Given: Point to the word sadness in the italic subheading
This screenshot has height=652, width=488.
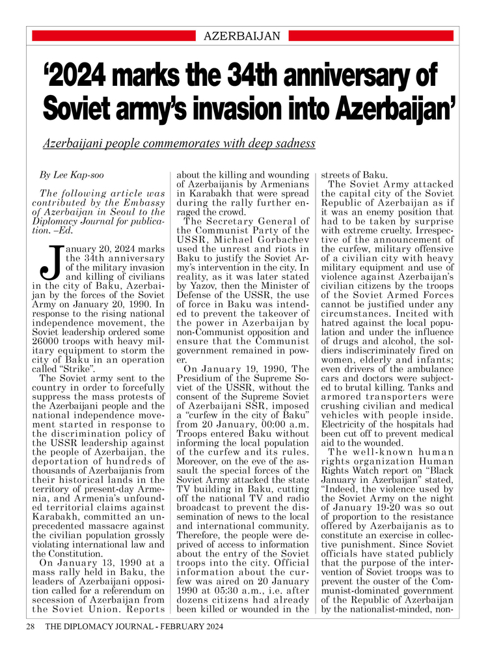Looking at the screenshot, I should [293, 143].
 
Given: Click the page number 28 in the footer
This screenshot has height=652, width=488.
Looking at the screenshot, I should [30, 627].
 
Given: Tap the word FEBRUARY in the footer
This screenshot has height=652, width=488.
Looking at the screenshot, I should [169, 627].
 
